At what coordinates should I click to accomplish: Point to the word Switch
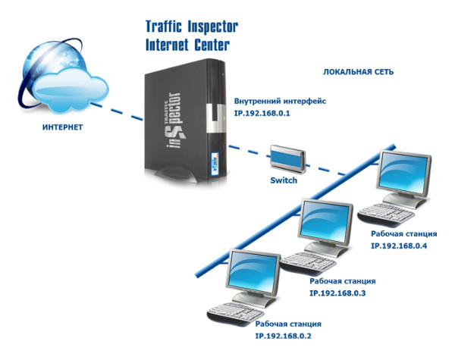pyautogui.click(x=284, y=181)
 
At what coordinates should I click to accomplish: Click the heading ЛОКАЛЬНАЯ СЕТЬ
pyautogui.click(x=358, y=73)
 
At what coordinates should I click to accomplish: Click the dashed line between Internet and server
pyautogui.click(x=114, y=110)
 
